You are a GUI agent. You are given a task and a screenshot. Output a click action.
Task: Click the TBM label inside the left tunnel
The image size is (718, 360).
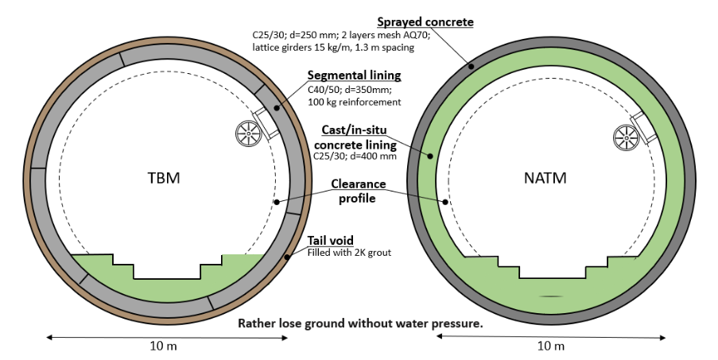164,177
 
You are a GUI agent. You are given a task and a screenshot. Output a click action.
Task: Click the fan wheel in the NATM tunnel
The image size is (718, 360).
626,137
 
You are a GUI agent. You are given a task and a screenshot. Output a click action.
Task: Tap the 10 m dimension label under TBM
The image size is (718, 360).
166,346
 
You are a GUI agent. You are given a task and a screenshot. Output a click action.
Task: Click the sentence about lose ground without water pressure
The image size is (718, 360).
361,324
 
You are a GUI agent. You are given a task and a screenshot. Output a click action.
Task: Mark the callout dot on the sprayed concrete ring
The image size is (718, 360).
471,66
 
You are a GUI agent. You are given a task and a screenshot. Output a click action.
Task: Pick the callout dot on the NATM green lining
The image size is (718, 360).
429,156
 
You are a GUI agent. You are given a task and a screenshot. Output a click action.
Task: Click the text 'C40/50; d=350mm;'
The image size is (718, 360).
347,89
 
